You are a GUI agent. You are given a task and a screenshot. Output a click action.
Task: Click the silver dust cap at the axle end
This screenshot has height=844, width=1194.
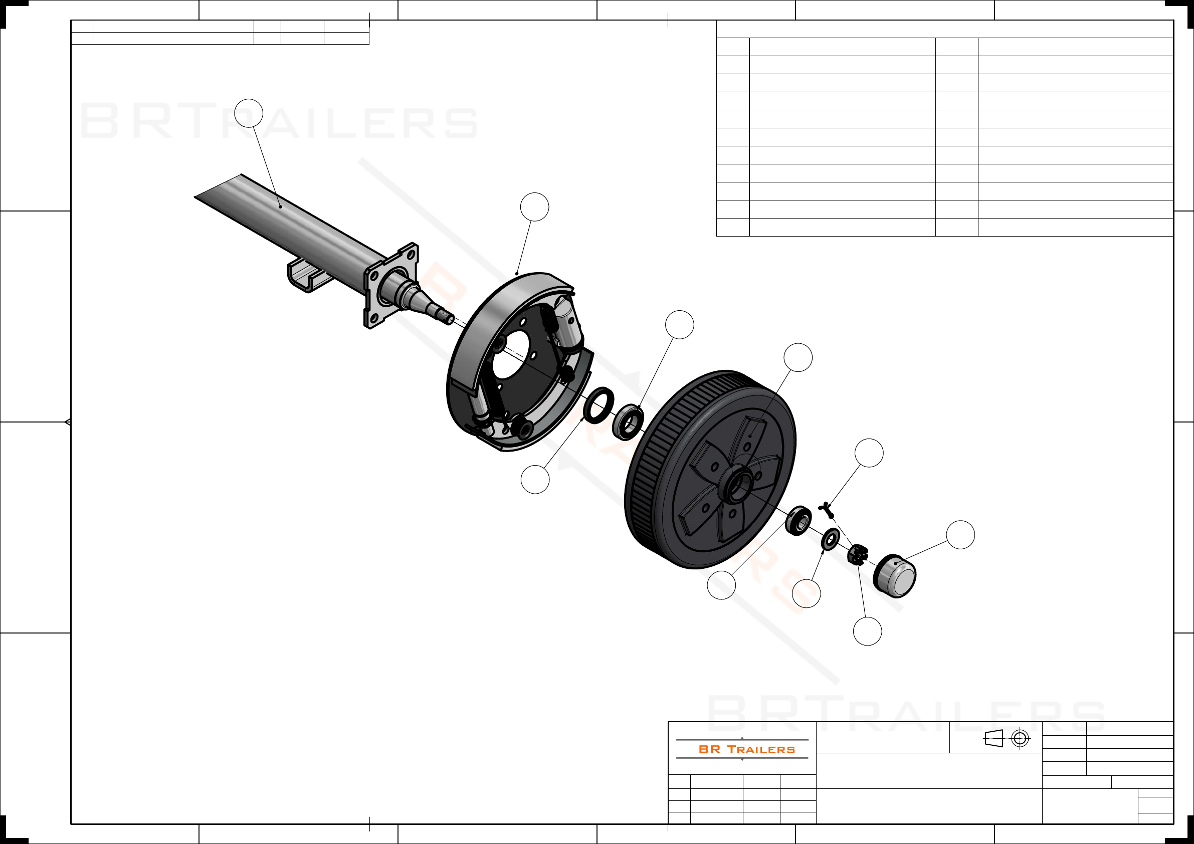(894, 576)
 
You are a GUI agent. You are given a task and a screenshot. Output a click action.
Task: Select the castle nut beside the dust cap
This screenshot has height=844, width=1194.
(858, 554)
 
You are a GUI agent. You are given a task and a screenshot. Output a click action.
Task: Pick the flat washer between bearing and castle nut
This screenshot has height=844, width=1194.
(831, 539)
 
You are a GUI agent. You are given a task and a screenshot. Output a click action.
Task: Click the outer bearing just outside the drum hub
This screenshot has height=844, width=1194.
(798, 520)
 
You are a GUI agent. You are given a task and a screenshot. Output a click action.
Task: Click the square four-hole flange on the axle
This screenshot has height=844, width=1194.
(391, 285)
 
